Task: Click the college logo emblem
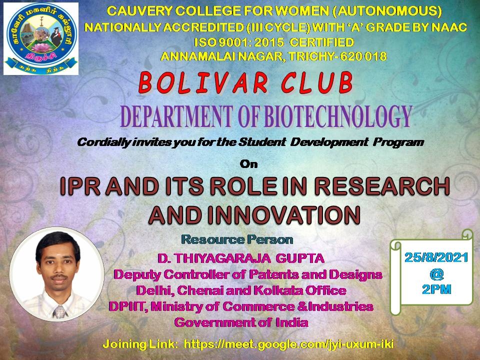coord(41,39)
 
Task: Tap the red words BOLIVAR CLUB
coord(246,82)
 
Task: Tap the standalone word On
coord(248,164)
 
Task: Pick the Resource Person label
coord(237,239)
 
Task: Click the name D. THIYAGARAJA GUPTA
coord(241,258)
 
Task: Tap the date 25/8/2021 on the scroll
coord(436,257)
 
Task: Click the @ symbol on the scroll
coord(436,274)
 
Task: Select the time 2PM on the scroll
coord(436,289)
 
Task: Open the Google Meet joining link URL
coord(288,344)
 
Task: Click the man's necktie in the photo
coord(59,312)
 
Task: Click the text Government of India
coord(241,322)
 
